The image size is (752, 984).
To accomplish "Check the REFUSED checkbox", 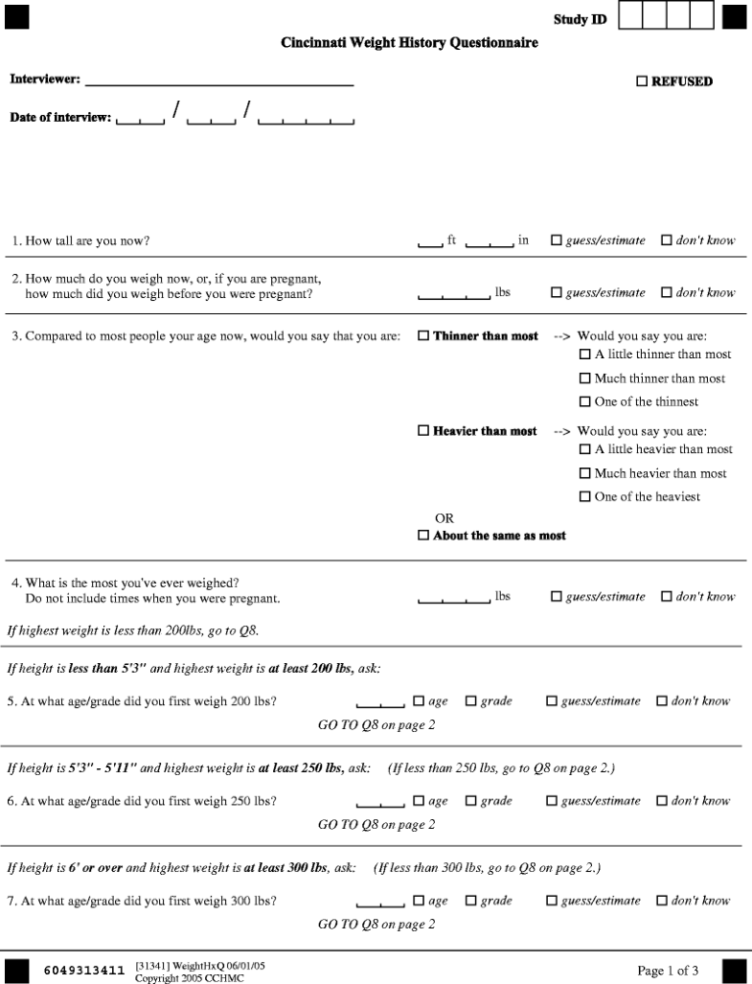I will coord(642,82).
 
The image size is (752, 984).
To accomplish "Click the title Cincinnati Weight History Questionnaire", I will coord(409,43).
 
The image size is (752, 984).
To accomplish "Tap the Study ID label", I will coord(580,20).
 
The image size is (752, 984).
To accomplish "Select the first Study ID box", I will coord(630,16).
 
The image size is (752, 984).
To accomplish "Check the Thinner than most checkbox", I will coord(423,336).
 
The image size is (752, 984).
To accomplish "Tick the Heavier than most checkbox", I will coord(423,431).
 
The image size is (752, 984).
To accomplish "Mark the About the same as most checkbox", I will coord(423,536).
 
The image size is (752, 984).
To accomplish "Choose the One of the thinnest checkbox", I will coord(585,401).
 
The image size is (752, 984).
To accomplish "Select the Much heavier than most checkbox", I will coord(585,473).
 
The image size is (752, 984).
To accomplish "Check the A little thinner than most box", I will coord(585,355).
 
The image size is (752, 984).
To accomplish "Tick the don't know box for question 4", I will coord(667,597).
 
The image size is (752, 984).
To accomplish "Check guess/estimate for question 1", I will coord(557,240).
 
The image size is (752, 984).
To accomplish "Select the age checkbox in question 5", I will coord(419,701).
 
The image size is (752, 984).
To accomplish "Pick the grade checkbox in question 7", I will coord(471,901).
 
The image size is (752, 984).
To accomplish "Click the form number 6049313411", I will coord(84,971).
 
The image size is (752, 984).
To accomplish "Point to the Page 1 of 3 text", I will coord(668,971).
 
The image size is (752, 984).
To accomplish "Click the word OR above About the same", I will coord(444,518).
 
